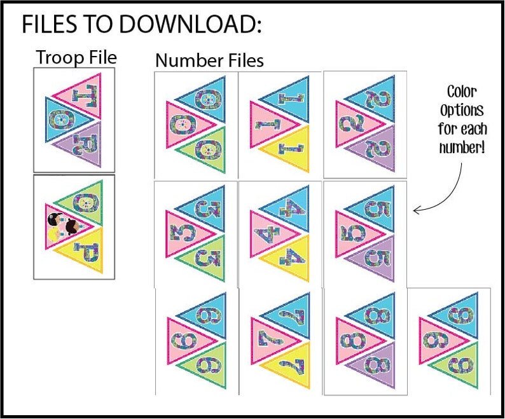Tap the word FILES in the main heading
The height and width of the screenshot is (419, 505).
49,24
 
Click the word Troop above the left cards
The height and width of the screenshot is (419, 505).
60,58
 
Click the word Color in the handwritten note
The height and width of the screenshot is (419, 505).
462,92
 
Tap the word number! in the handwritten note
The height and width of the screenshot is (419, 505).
462,148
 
